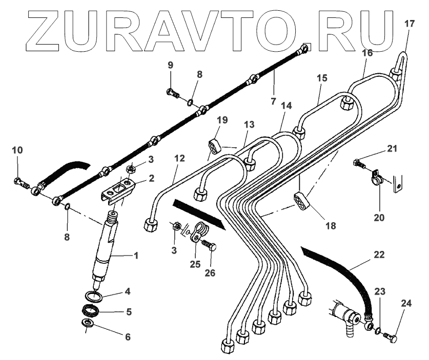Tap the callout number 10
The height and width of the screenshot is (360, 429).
point(17,150)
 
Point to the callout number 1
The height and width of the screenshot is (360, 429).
point(136,255)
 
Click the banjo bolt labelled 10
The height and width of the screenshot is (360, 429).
point(20,181)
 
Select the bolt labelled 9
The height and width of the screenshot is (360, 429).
point(173,93)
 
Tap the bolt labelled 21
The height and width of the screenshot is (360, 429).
point(359,165)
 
